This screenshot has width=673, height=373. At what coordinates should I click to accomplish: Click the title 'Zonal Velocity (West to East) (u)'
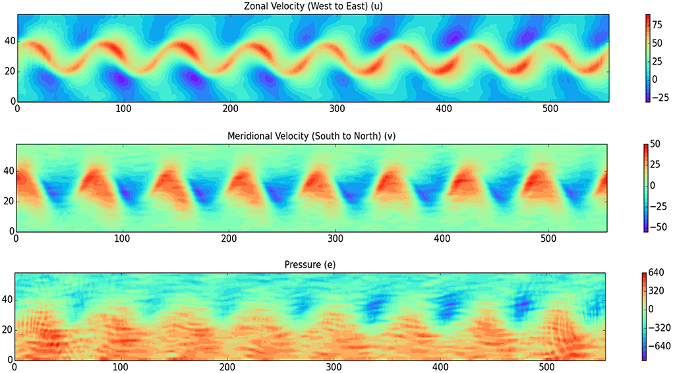pos(312,7)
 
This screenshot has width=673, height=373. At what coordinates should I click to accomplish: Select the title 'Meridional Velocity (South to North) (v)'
pos(312,136)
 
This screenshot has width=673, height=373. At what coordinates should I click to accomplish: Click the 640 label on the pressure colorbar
pos(660,272)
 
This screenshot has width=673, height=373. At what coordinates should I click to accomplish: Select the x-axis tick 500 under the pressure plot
pos(546,367)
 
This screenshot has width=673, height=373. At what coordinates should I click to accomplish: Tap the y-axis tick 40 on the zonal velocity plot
pos(7,41)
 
